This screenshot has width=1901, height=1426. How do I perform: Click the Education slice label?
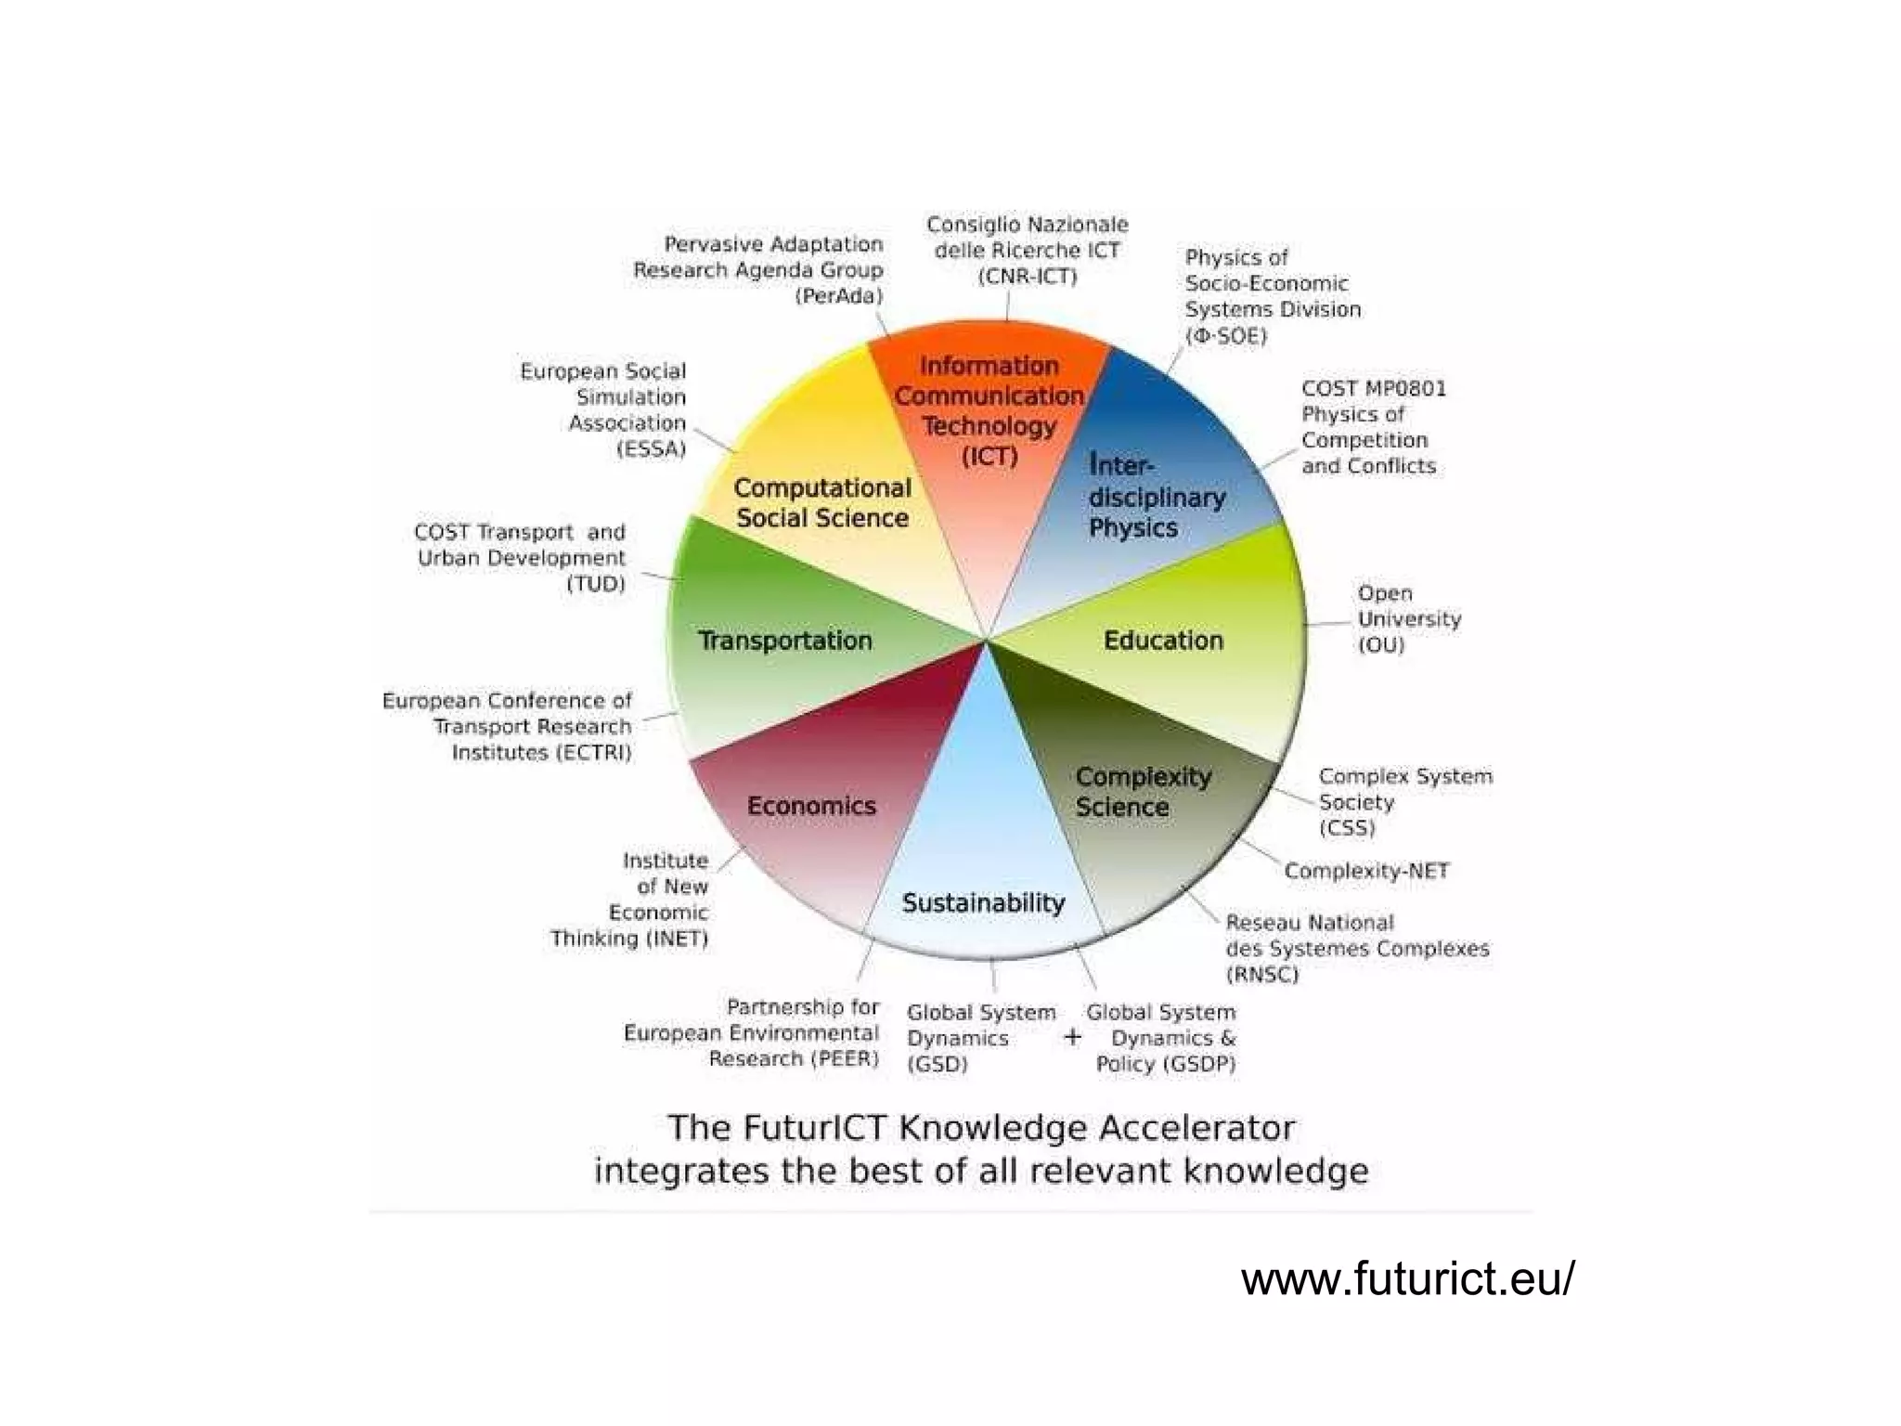pos(1163,641)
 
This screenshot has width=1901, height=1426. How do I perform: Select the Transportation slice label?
pos(785,641)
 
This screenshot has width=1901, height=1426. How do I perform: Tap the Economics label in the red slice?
pos(811,806)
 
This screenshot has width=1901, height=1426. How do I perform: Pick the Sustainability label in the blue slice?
pos(983,903)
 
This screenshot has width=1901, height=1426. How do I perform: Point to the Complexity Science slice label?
pos(1143,792)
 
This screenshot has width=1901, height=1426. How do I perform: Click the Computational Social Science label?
pos(822,503)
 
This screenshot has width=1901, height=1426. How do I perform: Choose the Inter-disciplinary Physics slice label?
pos(1156,497)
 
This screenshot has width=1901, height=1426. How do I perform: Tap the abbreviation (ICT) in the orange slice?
pos(989,457)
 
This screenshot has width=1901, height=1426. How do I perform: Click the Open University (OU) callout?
pos(1408,619)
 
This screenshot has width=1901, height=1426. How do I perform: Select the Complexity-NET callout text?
pos(1366,871)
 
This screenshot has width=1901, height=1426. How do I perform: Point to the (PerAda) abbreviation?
pos(839,296)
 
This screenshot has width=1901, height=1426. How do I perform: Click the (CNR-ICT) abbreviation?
pos(1027,277)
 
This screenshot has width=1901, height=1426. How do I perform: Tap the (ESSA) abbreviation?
pos(652,449)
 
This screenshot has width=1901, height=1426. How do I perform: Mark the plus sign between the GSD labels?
pos(1072,1037)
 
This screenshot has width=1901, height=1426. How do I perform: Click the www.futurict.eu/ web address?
pos(1407,1279)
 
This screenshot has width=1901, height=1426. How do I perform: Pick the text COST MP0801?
pos(1374,388)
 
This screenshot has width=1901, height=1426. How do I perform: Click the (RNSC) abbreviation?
pos(1262,975)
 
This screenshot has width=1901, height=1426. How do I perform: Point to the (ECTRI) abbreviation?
pos(594,752)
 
